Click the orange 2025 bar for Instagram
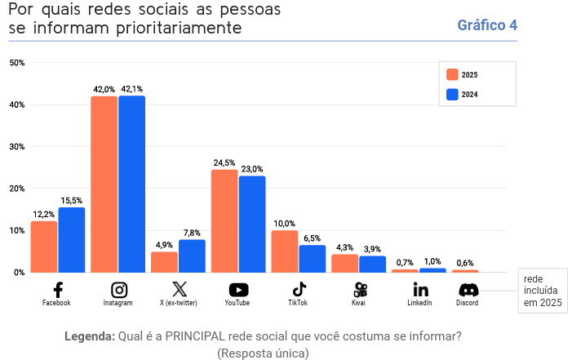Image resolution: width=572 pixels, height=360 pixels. click(x=104, y=184)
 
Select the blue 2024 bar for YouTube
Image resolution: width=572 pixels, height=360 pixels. click(x=252, y=224)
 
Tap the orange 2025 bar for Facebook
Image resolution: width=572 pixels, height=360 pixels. click(x=44, y=247)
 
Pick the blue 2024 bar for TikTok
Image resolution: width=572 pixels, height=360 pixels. click(x=313, y=258)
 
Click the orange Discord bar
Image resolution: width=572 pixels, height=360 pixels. click(x=465, y=270)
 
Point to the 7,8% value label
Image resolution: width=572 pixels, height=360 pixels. click(x=192, y=233)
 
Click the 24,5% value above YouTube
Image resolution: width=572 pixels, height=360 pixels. click(x=224, y=163)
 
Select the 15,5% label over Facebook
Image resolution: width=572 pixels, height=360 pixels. click(x=72, y=201)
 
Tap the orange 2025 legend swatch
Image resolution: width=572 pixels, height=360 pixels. click(x=452, y=74)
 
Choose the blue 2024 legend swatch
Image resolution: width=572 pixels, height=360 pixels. click(x=452, y=94)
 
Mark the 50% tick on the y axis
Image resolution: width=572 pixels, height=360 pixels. click(x=16, y=63)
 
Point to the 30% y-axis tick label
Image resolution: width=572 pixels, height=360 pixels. click(x=16, y=147)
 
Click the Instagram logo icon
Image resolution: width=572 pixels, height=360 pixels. click(x=118, y=290)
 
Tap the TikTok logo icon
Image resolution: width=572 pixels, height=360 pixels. click(x=299, y=289)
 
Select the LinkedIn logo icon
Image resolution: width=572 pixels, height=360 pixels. click(x=420, y=290)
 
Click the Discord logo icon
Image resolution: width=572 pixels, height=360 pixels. click(x=468, y=290)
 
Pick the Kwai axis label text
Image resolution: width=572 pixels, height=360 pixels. click(x=359, y=303)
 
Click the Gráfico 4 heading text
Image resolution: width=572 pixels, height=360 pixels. click(x=487, y=25)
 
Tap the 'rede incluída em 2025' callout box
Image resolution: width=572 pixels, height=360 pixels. click(x=543, y=290)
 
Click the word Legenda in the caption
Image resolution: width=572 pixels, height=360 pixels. click(x=89, y=336)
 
